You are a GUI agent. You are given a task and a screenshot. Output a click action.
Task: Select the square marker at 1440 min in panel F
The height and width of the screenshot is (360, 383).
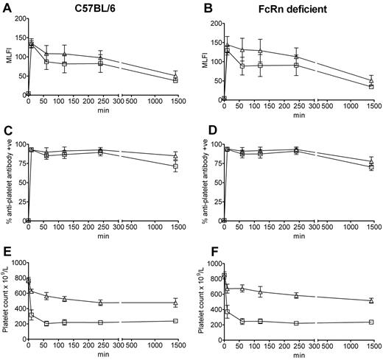coord(371,322)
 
